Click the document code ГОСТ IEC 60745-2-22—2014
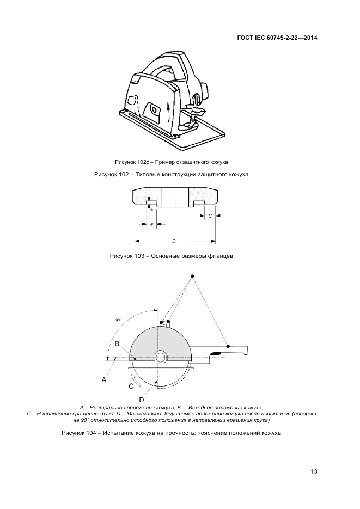(x=277, y=38)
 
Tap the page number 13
(x=314, y=471)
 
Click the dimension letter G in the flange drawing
(x=151, y=210)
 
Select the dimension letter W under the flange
(x=151, y=224)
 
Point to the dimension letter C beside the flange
(x=210, y=216)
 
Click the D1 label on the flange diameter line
(x=174, y=241)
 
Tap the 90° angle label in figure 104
(x=118, y=320)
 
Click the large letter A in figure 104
(x=104, y=379)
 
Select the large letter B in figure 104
(x=117, y=344)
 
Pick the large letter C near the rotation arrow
(x=131, y=387)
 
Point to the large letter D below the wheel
(x=142, y=399)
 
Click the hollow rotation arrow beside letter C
(x=136, y=379)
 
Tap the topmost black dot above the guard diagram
(x=192, y=276)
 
